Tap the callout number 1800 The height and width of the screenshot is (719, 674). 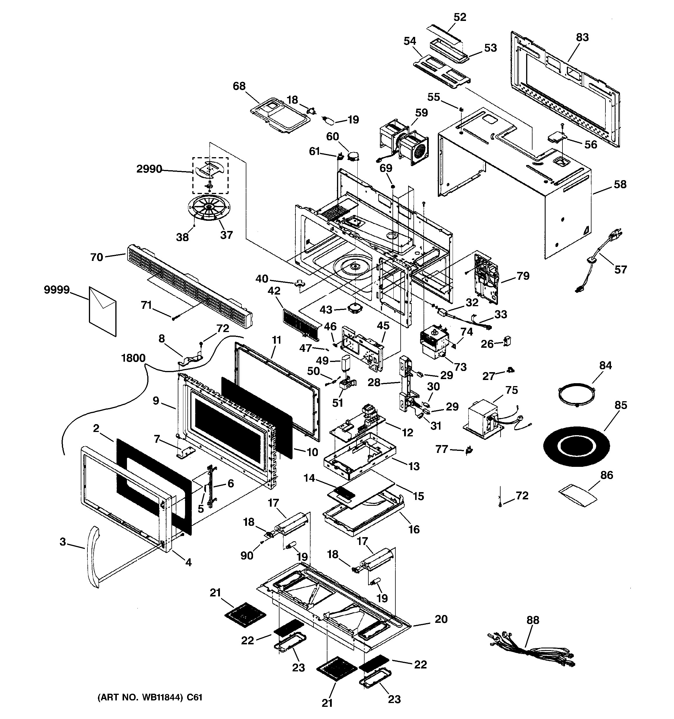click(x=133, y=358)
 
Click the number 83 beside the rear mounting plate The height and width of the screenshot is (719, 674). click(x=582, y=37)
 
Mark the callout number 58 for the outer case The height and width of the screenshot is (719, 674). click(x=620, y=184)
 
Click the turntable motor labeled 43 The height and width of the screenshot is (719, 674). click(x=355, y=309)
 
